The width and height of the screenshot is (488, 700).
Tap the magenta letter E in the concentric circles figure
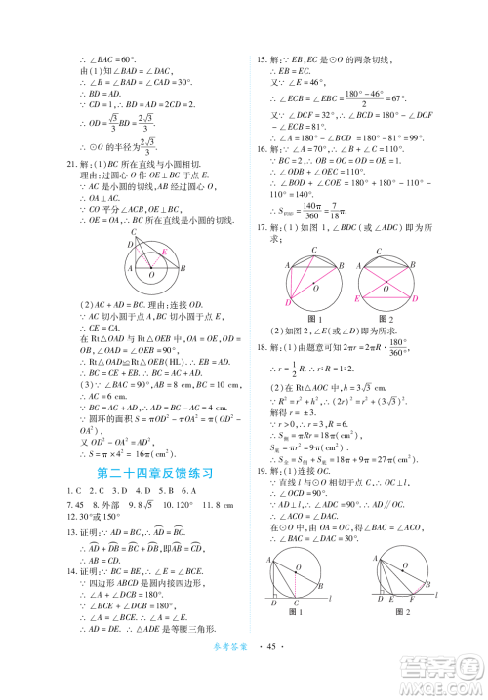click(163, 252)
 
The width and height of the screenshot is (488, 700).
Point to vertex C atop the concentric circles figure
click(134, 234)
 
